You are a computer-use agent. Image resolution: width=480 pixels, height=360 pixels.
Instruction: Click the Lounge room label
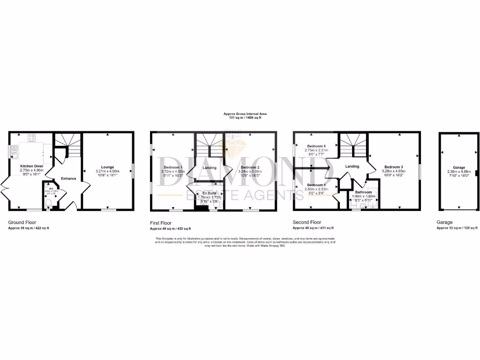point(108,166)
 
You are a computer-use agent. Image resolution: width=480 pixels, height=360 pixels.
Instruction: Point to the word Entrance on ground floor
point(68,178)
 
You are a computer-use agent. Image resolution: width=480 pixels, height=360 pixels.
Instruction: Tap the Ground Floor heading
point(22,222)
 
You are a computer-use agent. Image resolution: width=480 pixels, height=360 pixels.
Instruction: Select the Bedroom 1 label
point(173,167)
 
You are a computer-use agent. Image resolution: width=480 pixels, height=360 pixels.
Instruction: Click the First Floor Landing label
point(209,167)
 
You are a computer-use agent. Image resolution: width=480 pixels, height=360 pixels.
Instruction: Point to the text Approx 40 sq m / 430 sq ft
point(170,229)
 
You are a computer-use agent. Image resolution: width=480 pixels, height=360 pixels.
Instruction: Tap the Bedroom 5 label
point(316,146)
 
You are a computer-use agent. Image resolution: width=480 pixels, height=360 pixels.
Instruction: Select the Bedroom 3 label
point(394,167)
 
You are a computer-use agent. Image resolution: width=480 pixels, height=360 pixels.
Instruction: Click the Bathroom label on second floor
point(363,192)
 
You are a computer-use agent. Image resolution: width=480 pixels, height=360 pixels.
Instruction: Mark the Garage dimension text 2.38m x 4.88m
point(458,171)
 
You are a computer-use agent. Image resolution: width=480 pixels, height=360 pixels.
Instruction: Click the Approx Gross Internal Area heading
point(242,113)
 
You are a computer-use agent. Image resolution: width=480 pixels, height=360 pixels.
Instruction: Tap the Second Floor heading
point(307,222)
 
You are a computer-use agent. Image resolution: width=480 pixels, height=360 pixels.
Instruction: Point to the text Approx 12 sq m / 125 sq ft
point(457,228)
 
